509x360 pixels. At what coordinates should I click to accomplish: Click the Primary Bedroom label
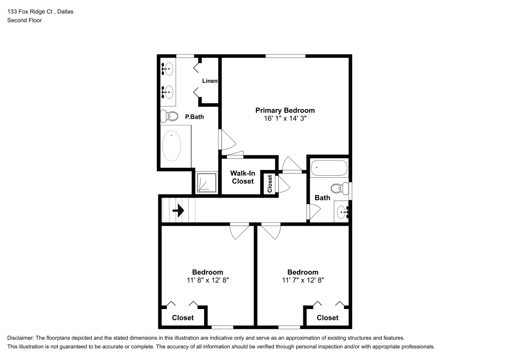[285, 110]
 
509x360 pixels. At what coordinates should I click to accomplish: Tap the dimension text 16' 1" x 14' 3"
[285, 118]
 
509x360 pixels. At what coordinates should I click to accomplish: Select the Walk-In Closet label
[242, 177]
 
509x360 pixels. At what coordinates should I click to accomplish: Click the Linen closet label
[210, 81]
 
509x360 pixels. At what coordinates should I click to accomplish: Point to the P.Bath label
[194, 117]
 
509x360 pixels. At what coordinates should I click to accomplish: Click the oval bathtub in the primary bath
[172, 146]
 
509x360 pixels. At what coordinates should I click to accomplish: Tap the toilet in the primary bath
[169, 116]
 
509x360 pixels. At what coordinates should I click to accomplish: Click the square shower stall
[207, 182]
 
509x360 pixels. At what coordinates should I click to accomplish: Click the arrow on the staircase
[178, 210]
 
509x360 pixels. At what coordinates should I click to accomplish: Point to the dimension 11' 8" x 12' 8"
[207, 280]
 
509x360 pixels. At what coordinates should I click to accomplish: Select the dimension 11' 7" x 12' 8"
[303, 280]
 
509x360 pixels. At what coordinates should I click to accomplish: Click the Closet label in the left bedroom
[183, 318]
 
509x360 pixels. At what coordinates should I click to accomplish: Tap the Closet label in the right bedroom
[327, 318]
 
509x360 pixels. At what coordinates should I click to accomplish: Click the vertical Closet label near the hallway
[270, 184]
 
